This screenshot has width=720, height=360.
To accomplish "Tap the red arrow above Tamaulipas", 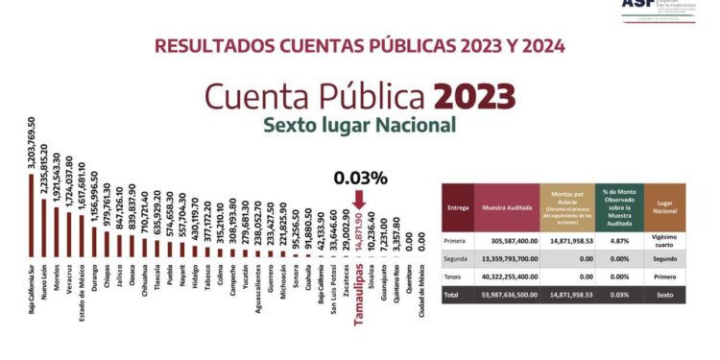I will pos(360,199).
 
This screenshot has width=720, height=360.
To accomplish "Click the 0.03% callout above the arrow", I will pos(360,178).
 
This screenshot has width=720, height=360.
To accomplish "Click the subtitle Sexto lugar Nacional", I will pos(359,126).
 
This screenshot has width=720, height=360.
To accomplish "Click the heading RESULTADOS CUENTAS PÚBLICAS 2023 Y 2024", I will pos(359,45).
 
